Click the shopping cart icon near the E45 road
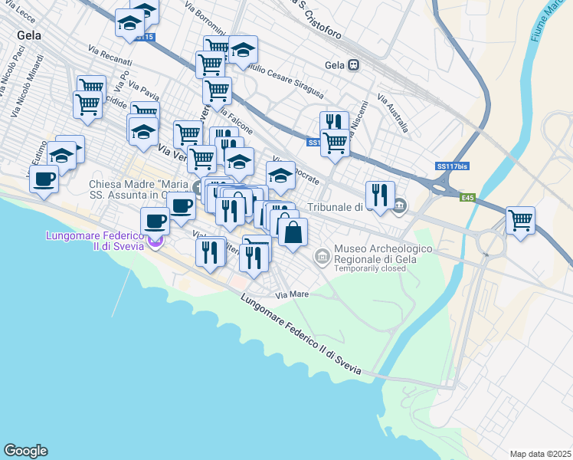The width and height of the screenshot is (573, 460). pos(520,220)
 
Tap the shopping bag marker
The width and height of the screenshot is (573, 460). pos(293,232)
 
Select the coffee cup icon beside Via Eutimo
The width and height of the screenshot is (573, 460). pos(44,179)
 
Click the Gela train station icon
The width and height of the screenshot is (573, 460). pos(353,65)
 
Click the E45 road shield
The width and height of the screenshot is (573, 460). pos(468,197)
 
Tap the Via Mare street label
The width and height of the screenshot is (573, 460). pos(292,294)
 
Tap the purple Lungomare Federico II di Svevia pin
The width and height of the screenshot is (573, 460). pos(156,243)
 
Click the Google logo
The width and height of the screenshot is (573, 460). pos(25,450)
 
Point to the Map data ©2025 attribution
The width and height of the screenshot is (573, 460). pos(539,454)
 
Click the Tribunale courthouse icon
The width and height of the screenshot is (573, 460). pos(400,205)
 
